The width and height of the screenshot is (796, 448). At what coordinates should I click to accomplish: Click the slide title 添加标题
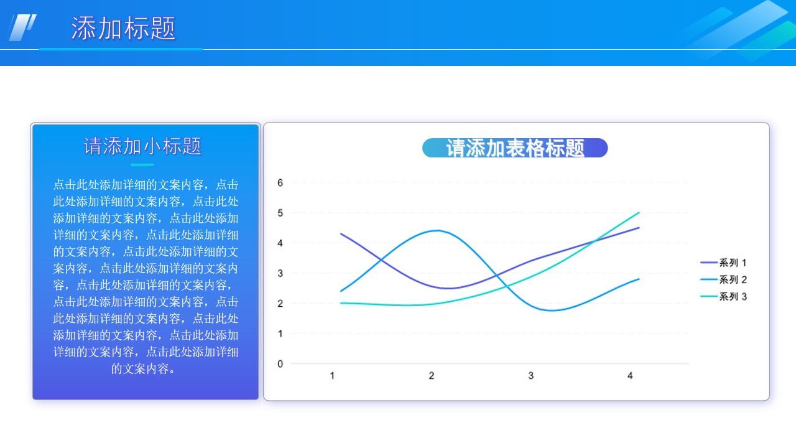point(123,29)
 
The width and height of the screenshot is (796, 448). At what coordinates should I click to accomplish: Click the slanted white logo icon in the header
point(22,27)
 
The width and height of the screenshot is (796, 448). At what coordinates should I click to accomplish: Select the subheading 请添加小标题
point(143,146)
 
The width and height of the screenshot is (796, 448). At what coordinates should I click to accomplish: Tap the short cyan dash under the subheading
point(142,165)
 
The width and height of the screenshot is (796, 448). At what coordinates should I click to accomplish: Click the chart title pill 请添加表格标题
point(515,148)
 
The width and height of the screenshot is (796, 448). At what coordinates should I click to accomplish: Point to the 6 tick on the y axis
point(280,183)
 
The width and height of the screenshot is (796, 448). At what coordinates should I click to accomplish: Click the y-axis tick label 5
point(280,213)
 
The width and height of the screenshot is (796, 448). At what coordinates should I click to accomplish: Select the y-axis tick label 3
point(280,273)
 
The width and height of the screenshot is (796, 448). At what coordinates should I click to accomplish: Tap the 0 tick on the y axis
point(280,364)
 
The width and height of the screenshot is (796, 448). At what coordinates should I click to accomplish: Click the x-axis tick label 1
point(332,376)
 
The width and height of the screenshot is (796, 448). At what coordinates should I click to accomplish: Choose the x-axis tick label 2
point(432,376)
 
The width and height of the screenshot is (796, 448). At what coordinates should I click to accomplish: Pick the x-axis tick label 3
point(530,376)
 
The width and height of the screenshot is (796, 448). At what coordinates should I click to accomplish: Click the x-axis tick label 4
point(630,376)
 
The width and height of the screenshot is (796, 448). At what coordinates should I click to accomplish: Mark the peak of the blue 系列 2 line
point(438,230)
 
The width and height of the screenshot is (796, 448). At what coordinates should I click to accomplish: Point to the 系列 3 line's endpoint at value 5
point(639,213)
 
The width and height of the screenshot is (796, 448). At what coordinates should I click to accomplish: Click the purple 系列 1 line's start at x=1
point(341,233)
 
